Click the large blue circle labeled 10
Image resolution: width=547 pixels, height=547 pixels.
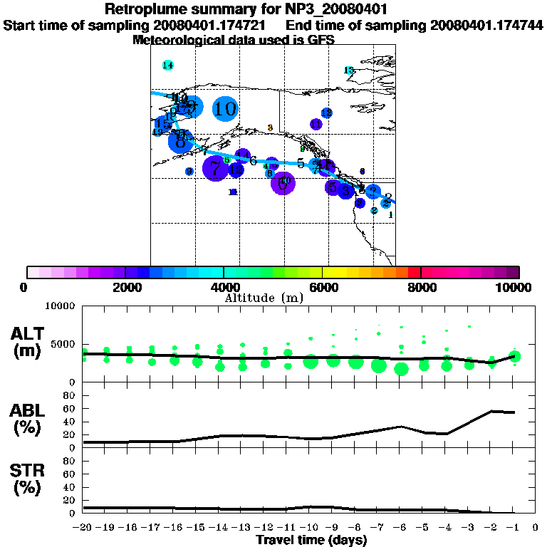225,109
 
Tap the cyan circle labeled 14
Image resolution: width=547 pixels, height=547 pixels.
167,66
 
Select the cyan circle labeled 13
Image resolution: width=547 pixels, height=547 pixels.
349,71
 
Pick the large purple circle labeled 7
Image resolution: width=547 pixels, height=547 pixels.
215,168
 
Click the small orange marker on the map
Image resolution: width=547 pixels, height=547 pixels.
270,127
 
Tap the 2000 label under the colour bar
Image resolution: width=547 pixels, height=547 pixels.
125,288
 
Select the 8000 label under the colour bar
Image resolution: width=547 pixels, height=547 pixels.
421,288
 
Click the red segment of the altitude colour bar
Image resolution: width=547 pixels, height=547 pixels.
414,272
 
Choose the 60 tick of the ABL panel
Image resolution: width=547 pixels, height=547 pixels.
70,408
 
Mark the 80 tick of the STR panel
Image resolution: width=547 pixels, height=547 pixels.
70,460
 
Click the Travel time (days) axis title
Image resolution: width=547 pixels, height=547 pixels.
311,541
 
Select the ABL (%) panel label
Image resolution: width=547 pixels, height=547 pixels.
28,420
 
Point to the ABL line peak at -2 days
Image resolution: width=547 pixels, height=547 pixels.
491,411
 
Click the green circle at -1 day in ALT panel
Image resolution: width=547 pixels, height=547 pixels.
515,356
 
